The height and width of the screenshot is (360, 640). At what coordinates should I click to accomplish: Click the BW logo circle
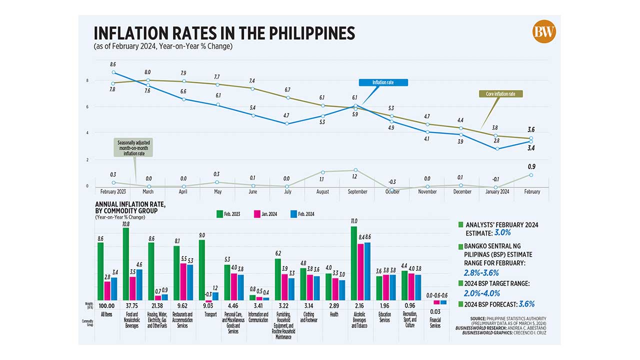(x=544, y=31)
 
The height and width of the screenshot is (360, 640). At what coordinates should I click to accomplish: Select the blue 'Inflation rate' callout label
(x=383, y=82)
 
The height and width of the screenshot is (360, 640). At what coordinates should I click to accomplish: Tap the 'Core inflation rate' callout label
(x=504, y=93)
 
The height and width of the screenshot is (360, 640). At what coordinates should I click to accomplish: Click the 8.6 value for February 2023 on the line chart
(x=113, y=64)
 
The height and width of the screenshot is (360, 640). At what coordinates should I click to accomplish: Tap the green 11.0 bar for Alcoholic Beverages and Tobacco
(x=354, y=262)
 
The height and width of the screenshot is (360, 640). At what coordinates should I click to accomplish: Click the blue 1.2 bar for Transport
(x=215, y=296)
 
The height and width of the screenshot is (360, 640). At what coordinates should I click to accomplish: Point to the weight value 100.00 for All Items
(x=107, y=305)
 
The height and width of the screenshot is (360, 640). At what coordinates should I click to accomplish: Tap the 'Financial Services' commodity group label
(x=435, y=323)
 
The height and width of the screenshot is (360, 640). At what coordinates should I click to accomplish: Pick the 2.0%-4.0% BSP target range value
(x=483, y=293)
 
